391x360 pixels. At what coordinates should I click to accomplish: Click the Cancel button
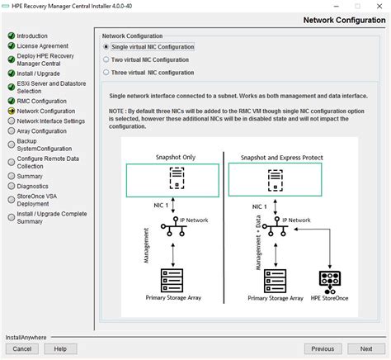(x=22, y=348)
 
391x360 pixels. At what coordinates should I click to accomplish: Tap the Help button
(x=60, y=348)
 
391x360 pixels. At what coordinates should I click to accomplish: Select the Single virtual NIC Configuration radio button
(x=106, y=47)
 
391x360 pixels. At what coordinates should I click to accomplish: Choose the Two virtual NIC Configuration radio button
(x=106, y=59)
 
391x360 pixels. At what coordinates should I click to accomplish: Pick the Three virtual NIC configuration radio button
(x=106, y=72)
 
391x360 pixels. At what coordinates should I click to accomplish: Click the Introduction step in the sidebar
(x=32, y=36)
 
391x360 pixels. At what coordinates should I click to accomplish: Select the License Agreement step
(x=43, y=46)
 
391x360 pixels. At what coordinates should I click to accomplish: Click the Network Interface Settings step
(x=50, y=121)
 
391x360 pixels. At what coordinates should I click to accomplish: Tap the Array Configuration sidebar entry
(x=42, y=130)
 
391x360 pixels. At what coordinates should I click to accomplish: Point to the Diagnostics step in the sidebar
(x=33, y=186)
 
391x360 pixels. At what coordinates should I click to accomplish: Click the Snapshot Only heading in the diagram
(x=173, y=156)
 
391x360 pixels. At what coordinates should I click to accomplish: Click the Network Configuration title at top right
(x=344, y=20)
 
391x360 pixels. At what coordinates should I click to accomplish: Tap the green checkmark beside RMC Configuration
(x=11, y=101)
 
